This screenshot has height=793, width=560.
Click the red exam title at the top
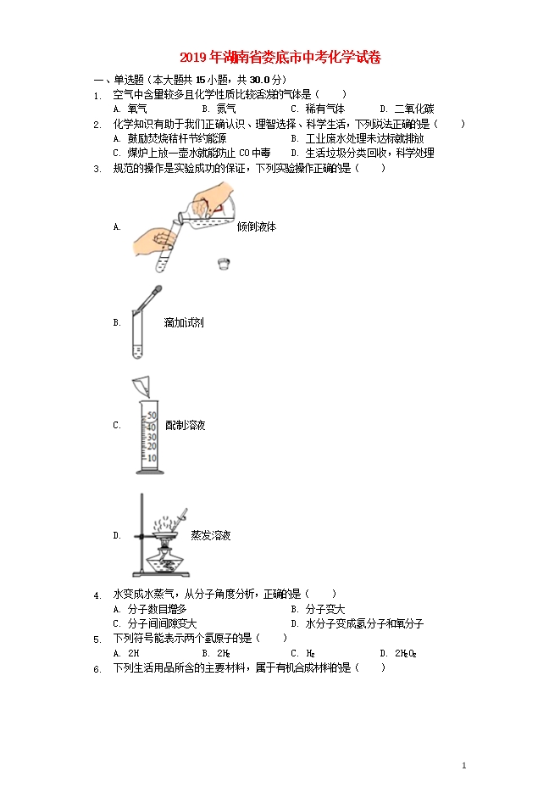(x=280, y=59)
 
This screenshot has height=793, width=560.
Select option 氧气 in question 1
(x=136, y=109)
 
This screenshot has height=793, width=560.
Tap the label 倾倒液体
(x=257, y=227)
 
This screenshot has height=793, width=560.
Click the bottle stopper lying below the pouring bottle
(x=223, y=263)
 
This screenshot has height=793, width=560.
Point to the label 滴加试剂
(x=183, y=323)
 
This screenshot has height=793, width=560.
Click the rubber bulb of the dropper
(x=158, y=292)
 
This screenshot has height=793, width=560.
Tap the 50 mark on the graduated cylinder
(x=151, y=416)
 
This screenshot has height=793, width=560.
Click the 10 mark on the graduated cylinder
(x=151, y=458)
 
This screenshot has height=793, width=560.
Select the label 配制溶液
(x=186, y=425)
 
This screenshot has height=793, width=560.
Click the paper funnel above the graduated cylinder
(x=141, y=387)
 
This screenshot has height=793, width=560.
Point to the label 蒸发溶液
(x=211, y=535)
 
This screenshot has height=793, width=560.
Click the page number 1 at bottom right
(x=465, y=766)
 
